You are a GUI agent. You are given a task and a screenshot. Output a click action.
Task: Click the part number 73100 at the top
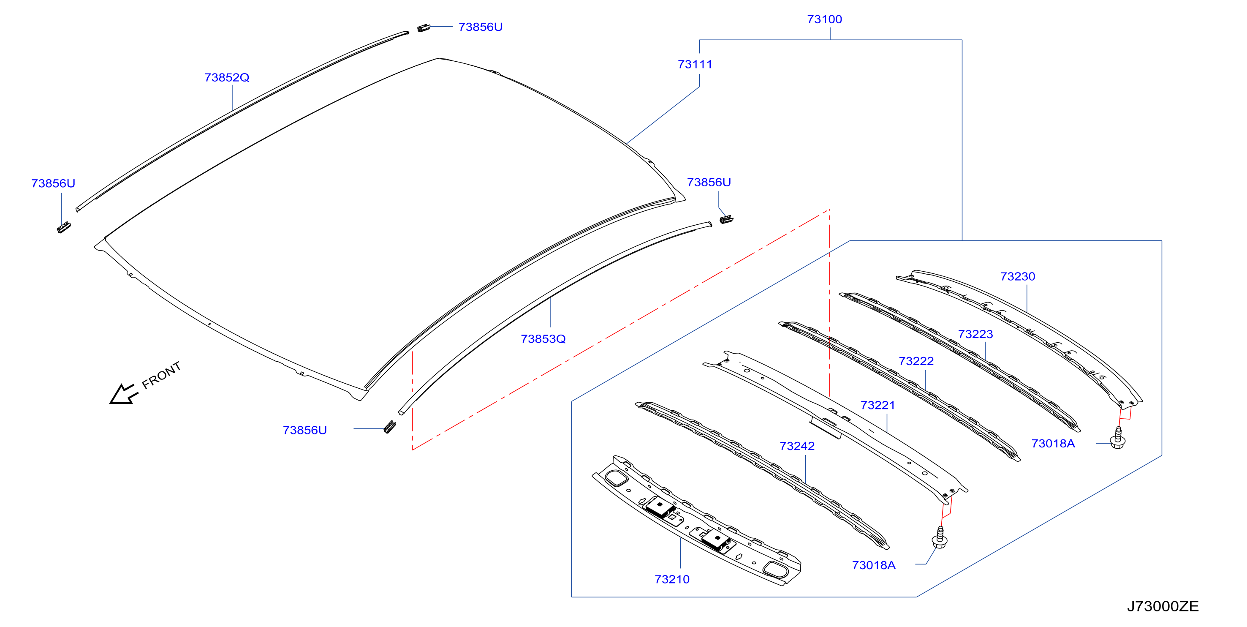pyautogui.click(x=824, y=19)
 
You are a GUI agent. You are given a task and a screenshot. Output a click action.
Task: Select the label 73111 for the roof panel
pyautogui.click(x=695, y=64)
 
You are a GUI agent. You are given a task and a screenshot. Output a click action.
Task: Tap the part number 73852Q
pyautogui.click(x=226, y=77)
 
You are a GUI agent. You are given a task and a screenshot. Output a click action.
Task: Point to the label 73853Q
pyautogui.click(x=543, y=339)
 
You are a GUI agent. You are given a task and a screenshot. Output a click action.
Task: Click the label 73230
pyautogui.click(x=1018, y=276)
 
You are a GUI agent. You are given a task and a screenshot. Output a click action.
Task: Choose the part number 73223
pyautogui.click(x=975, y=334)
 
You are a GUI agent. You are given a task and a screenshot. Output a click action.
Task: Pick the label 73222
pyautogui.click(x=916, y=361)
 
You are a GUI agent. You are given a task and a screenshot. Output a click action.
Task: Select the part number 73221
pyautogui.click(x=878, y=405)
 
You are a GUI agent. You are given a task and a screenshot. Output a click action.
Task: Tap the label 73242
pyautogui.click(x=797, y=446)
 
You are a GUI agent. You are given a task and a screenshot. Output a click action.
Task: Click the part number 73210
pyautogui.click(x=672, y=579)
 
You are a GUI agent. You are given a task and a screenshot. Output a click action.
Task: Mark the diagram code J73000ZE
pyautogui.click(x=1163, y=606)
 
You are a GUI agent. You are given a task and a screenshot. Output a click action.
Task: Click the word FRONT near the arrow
pyautogui.click(x=162, y=375)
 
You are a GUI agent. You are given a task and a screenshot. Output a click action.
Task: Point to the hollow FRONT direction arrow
pyautogui.click(x=124, y=393)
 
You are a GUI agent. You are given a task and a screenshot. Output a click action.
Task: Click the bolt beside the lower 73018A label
pyautogui.click(x=940, y=538)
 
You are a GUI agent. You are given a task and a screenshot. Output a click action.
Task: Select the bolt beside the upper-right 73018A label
pyautogui.click(x=1118, y=438)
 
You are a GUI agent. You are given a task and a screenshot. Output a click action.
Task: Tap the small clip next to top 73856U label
pyautogui.click(x=424, y=27)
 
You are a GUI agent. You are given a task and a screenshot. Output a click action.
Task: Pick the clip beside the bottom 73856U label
pyautogui.click(x=390, y=427)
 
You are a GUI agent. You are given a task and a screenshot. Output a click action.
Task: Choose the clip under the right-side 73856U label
pyautogui.click(x=726, y=219)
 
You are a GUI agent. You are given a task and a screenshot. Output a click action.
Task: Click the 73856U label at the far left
pyautogui.click(x=53, y=183)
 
